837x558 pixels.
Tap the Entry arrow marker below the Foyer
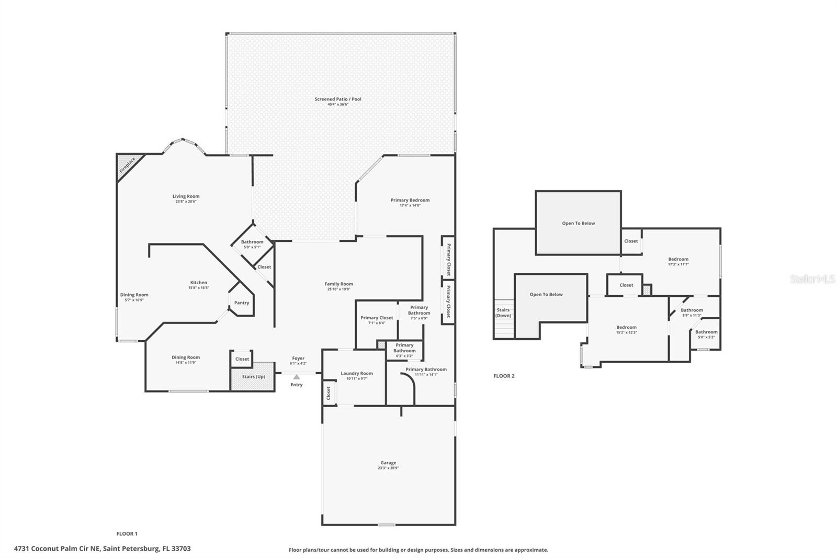coord(297,377)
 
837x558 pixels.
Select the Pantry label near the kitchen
coord(242,303)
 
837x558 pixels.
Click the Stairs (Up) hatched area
coord(253,377)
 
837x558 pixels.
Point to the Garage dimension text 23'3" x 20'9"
coord(388,468)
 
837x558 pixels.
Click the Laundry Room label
coord(357,373)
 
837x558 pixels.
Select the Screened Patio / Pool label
coord(338,99)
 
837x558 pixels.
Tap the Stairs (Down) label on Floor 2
coord(503,313)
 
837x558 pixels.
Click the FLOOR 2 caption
coord(504,376)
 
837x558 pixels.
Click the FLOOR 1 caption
coord(127,534)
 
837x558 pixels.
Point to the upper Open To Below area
coord(579,224)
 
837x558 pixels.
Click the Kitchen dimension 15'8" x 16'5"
coord(199,288)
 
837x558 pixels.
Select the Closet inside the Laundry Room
coord(329,393)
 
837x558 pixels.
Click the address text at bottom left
coord(103,549)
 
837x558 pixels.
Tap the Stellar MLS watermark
coord(812,280)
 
